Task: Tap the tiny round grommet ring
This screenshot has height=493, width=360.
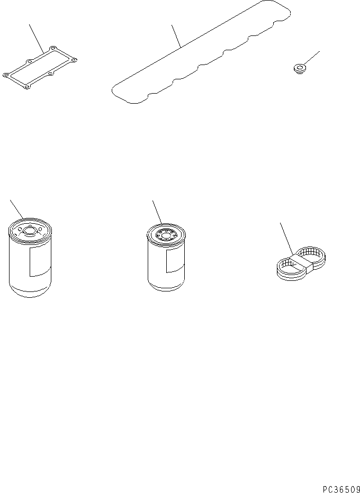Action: click(299, 69)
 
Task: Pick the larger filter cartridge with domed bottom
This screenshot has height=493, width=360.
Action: click(30, 257)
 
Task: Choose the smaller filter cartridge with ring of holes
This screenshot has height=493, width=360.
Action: click(166, 257)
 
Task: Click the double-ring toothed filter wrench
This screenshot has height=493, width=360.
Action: click(301, 262)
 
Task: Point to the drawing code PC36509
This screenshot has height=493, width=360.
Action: click(341, 489)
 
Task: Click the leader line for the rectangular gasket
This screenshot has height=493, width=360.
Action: click(37, 39)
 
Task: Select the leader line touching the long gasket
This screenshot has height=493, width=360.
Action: click(176, 36)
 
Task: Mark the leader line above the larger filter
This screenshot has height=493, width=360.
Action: click(17, 209)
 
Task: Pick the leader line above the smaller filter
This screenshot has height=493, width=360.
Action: click(157, 212)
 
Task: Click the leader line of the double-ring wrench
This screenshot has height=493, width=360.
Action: click(287, 239)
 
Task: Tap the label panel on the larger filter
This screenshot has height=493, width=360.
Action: click(40, 261)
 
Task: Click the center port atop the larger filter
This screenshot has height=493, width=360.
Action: click(30, 231)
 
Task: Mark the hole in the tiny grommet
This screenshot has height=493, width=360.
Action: click(299, 67)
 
